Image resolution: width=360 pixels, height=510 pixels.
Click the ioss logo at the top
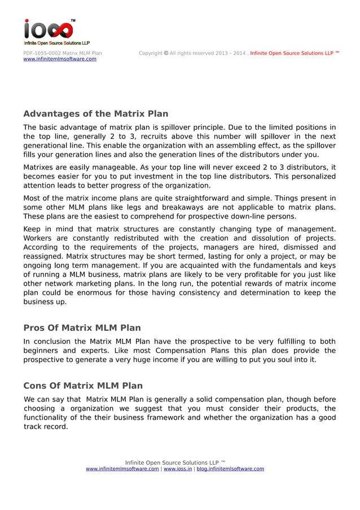49,32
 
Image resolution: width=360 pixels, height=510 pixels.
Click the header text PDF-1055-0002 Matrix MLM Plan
63,53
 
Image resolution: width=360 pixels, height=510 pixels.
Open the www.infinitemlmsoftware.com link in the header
60,59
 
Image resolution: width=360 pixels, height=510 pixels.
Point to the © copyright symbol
166,53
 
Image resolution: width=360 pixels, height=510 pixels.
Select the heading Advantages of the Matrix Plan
95,114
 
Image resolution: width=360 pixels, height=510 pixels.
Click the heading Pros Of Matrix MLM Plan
82,328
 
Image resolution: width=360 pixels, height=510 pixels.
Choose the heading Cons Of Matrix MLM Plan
83,386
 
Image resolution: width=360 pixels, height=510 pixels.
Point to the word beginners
43,351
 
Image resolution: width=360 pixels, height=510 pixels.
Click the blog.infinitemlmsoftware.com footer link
230,469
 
